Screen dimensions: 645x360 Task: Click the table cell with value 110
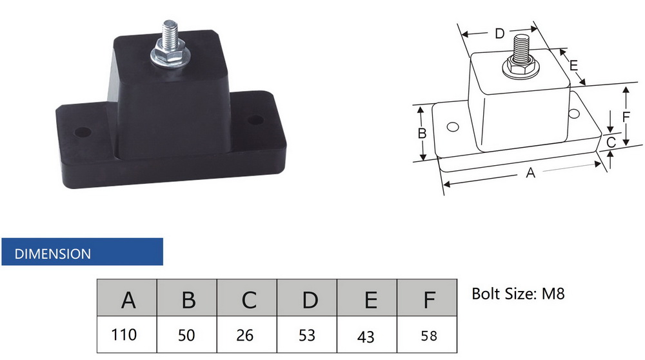(x=126, y=334)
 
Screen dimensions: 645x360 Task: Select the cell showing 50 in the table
(x=187, y=334)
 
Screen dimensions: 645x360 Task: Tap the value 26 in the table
(x=247, y=334)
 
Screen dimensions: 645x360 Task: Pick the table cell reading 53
(x=307, y=334)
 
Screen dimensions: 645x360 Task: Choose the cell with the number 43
(x=367, y=334)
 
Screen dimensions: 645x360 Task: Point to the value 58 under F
(x=427, y=334)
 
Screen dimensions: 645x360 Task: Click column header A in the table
(x=126, y=298)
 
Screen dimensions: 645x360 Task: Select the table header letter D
(x=307, y=298)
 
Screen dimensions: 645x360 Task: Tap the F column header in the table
(x=427, y=298)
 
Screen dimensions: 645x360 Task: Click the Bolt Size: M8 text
(x=518, y=294)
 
